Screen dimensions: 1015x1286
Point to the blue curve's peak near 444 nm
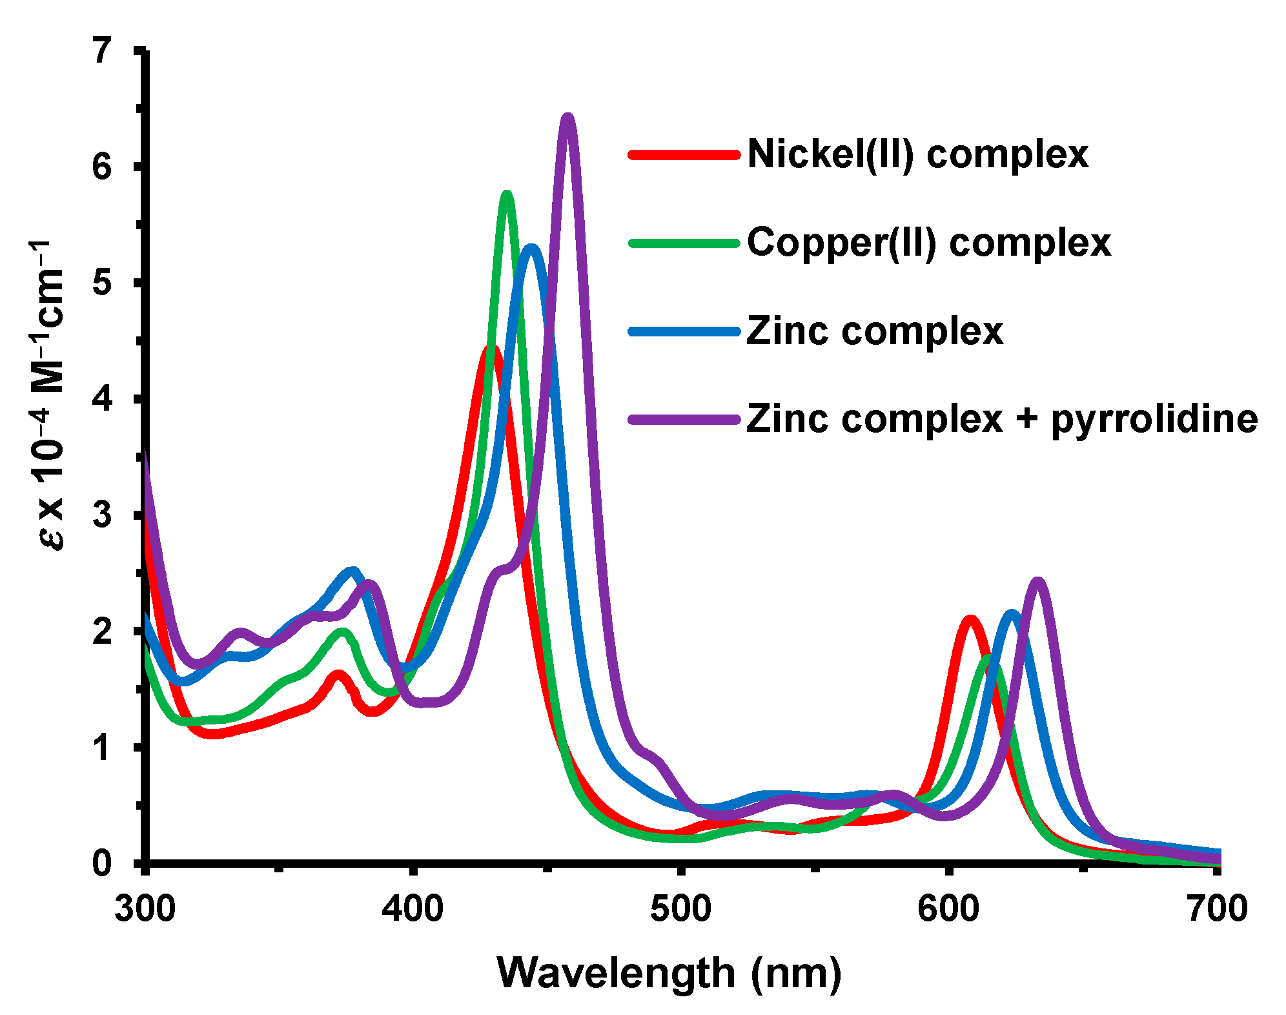click(531, 249)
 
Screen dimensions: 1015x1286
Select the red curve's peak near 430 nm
click(491, 349)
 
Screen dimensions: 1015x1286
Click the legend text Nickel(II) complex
click(917, 154)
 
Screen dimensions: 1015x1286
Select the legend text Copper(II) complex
click(928, 243)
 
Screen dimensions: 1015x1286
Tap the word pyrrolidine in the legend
click(1154, 420)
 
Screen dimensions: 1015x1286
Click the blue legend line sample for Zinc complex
click(684, 332)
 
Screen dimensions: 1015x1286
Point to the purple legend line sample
click(684, 420)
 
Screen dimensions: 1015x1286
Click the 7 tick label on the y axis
click(102, 50)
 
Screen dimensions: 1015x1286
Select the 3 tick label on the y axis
click(102, 515)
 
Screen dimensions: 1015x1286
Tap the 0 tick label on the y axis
click(102, 863)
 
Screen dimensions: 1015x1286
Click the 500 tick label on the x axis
click(680, 909)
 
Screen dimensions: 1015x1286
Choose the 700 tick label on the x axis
click(1216, 909)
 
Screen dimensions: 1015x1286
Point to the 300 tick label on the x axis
click(145, 909)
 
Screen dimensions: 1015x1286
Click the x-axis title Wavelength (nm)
click(669, 972)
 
